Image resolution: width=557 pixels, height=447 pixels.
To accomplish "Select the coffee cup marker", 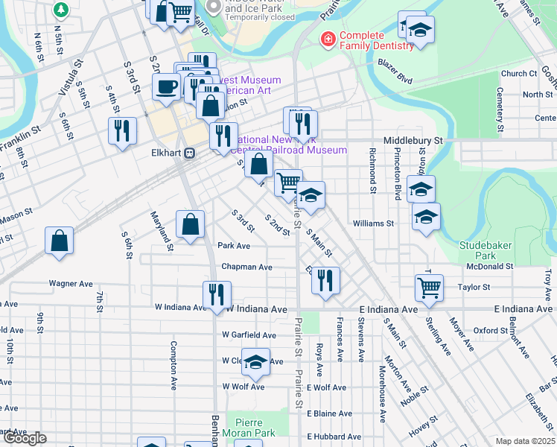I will pyautogui.click(x=167, y=86).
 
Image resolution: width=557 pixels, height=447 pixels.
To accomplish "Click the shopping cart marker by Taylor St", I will pyautogui.click(x=429, y=288).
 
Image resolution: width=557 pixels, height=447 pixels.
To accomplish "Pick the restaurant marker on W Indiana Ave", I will pyautogui.click(x=217, y=294).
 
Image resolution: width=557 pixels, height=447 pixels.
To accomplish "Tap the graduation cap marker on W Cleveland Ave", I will pyautogui.click(x=256, y=363).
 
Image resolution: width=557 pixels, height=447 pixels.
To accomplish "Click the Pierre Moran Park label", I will pyautogui.click(x=250, y=428).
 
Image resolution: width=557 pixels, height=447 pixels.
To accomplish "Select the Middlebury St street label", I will pyautogui.click(x=413, y=140).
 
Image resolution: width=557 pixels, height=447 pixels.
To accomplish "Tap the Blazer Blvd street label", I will pyautogui.click(x=394, y=77).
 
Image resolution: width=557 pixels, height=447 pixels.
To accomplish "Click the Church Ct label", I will pyautogui.click(x=518, y=74).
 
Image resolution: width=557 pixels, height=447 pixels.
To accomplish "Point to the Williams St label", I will pyautogui.click(x=373, y=223).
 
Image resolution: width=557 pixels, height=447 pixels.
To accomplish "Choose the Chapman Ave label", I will pyautogui.click(x=246, y=267).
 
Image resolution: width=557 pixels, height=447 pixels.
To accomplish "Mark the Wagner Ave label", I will pyautogui.click(x=71, y=284).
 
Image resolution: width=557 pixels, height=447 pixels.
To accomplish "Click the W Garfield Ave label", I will pyautogui.click(x=249, y=335).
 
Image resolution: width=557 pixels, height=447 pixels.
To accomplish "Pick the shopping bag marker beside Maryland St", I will pyautogui.click(x=191, y=224).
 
